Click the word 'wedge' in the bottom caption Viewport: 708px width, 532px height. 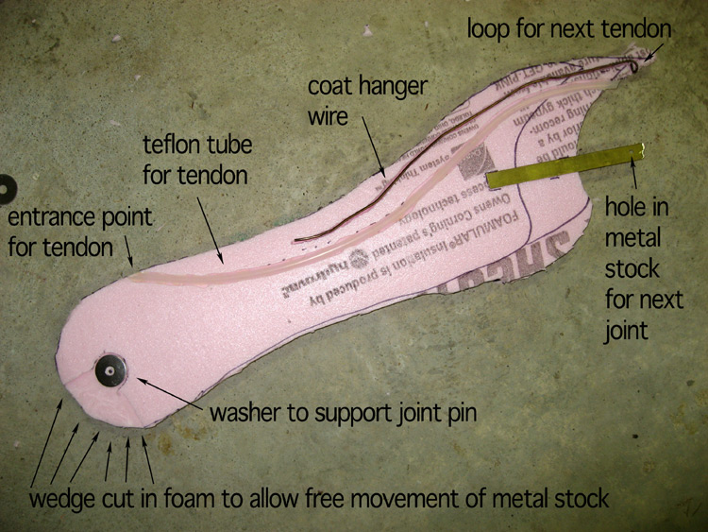pyautogui.click(x=59, y=498)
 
